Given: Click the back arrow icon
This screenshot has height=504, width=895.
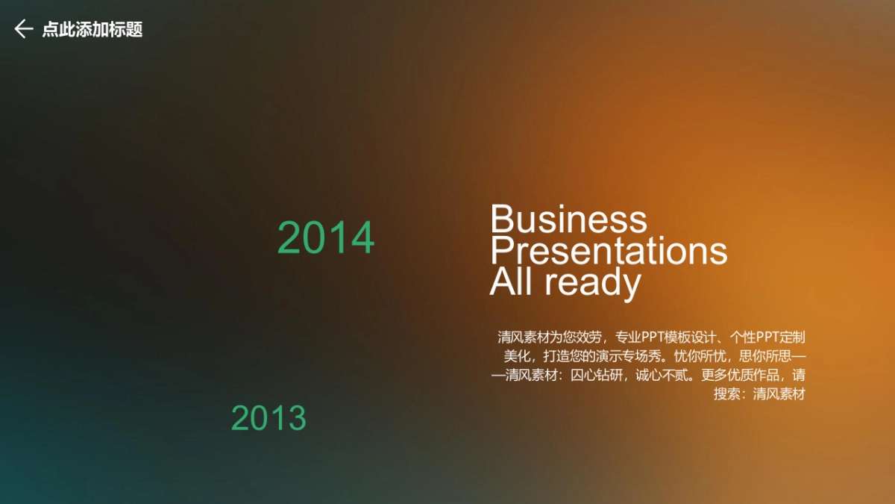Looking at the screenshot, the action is (x=24, y=29).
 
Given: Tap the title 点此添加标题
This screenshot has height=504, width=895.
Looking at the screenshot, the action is (x=92, y=29).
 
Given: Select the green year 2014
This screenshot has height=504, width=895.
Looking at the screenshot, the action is (x=326, y=237).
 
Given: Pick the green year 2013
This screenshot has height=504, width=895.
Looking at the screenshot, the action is (x=268, y=418).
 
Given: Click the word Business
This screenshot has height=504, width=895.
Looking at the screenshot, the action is (x=568, y=219).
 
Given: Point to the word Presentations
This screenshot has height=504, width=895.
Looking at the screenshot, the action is (x=609, y=250).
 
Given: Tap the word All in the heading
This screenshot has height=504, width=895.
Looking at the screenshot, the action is (x=511, y=281).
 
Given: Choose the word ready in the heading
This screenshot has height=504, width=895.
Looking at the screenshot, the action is (x=593, y=284).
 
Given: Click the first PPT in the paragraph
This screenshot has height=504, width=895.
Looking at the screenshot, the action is (x=653, y=337).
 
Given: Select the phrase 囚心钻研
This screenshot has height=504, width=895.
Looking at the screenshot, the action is (x=596, y=375).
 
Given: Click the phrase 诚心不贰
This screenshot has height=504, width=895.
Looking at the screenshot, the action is (x=662, y=375).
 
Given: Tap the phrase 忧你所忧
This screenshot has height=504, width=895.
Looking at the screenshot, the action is (x=700, y=356).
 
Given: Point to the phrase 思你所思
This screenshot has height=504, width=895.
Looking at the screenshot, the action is (x=765, y=356).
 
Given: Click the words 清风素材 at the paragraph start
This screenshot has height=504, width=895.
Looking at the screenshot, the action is (x=524, y=337).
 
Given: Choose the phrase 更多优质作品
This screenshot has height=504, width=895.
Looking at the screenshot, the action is (x=740, y=375).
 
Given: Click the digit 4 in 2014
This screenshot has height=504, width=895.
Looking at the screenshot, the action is (x=362, y=237).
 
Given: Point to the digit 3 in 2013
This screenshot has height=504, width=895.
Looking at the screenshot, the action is (x=298, y=418).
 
